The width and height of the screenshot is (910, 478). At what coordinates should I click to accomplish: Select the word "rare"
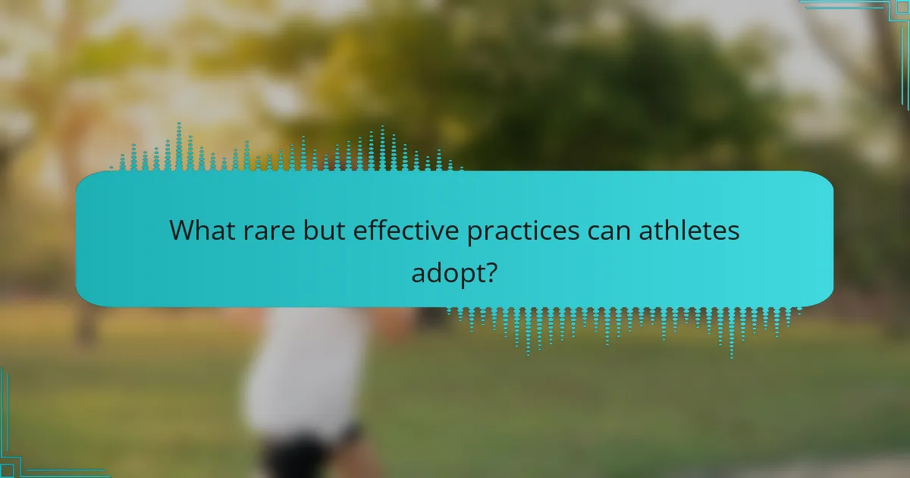point(269,231)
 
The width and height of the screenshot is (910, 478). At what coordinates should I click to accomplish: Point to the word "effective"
point(406,231)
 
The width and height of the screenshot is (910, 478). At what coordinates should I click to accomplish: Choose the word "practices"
point(522,232)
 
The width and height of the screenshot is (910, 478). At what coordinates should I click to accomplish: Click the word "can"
point(608,232)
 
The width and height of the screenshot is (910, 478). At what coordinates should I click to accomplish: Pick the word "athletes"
point(689,231)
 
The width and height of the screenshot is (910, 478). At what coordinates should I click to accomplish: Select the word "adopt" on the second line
point(447,274)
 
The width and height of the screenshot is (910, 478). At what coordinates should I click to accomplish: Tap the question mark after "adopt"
point(491,272)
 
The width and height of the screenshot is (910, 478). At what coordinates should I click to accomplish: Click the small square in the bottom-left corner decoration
point(7,470)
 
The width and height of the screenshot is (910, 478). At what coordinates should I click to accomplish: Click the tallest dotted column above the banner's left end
point(179,146)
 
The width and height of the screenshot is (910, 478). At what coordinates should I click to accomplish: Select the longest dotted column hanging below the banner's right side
point(732,333)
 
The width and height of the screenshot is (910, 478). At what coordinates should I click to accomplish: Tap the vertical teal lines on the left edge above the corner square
point(5,414)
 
